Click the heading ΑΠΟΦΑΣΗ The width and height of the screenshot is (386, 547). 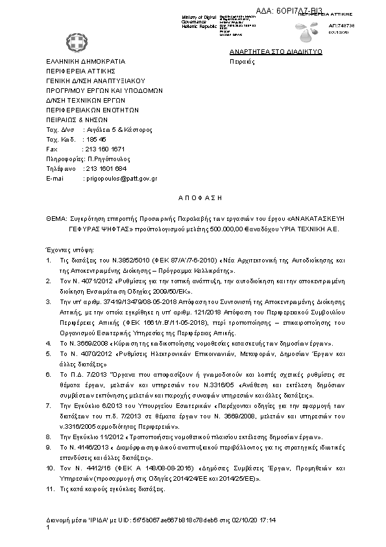pos(192,196)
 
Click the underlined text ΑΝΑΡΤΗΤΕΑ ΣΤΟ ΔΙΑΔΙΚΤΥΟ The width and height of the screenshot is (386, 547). pos(276,52)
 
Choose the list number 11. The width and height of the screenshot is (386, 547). pos(50,489)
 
